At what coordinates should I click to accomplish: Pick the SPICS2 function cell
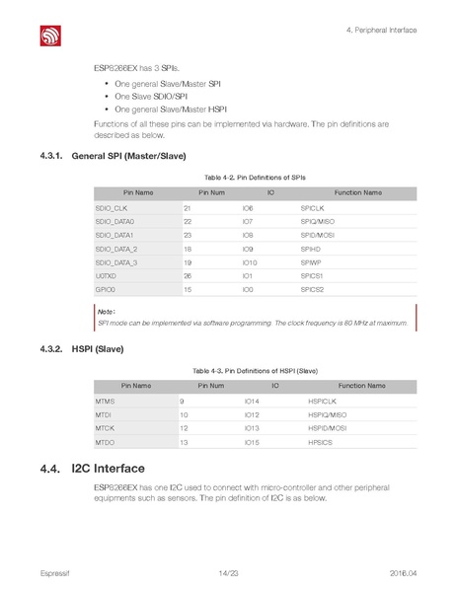313,290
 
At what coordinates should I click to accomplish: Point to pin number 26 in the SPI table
188,276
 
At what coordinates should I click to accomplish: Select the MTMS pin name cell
105,402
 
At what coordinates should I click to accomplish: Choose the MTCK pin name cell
105,429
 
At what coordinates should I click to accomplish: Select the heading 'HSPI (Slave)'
98,349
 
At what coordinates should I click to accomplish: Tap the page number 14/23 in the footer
228,573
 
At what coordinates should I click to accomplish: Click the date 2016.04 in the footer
405,573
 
